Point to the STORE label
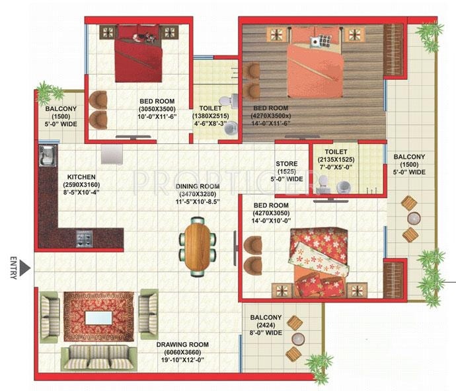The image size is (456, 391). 286,164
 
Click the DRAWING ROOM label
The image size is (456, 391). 182,345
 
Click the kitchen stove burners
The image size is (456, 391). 85,236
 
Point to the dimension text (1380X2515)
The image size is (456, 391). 210,116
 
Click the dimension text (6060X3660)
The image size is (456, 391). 182,353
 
